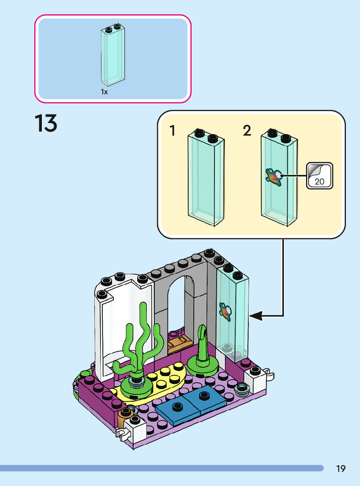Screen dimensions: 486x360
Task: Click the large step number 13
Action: pyautogui.click(x=46, y=124)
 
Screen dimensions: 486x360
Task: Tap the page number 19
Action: pyautogui.click(x=341, y=469)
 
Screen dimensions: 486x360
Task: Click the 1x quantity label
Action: pyautogui.click(x=104, y=92)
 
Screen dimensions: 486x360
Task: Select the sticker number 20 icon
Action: pyautogui.click(x=320, y=175)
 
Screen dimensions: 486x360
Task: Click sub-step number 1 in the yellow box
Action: pyautogui.click(x=173, y=131)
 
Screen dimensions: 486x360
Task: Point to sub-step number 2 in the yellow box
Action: pyautogui.click(x=247, y=131)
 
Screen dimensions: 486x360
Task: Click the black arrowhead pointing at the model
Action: pyautogui.click(x=256, y=316)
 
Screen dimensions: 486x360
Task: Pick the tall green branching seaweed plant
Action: pyautogui.click(x=141, y=348)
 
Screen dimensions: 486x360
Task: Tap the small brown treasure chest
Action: pyautogui.click(x=178, y=343)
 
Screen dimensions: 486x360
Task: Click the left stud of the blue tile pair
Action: pyautogui.click(x=176, y=406)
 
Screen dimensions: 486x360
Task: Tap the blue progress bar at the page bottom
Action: pyautogui.click(x=161, y=468)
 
